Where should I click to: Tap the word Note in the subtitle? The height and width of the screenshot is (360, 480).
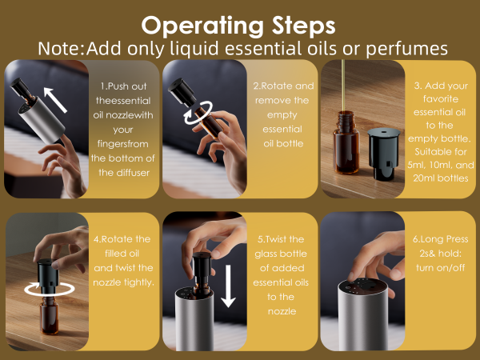pos(59,48)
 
